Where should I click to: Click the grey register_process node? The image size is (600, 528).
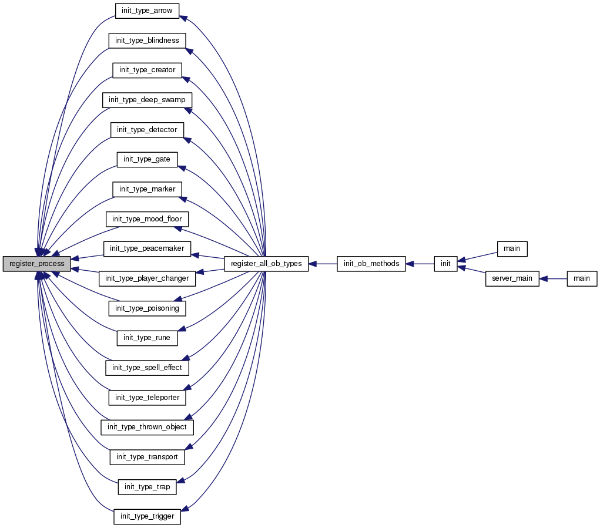click(36, 264)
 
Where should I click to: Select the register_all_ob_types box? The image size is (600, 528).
click(266, 264)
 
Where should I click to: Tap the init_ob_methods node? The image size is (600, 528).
click(371, 264)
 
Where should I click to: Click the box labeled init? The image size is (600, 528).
click(445, 264)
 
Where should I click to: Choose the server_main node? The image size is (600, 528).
click(512, 279)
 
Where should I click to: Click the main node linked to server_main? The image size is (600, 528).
click(581, 279)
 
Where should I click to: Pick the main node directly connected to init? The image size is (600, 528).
click(512, 248)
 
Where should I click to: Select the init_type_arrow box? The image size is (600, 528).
click(147, 10)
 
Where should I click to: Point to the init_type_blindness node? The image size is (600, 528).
click(147, 40)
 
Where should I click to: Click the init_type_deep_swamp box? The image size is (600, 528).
click(147, 100)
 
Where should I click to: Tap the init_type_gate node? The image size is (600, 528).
click(147, 159)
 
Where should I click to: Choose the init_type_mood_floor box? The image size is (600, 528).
click(147, 219)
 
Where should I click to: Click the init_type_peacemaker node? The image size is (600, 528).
click(147, 248)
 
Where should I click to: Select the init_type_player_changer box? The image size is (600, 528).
click(147, 279)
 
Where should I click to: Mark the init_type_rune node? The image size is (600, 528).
click(147, 338)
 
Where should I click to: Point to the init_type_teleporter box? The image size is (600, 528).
click(147, 398)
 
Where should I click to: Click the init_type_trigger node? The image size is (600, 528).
click(147, 517)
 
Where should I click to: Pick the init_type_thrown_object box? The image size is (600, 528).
click(147, 427)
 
